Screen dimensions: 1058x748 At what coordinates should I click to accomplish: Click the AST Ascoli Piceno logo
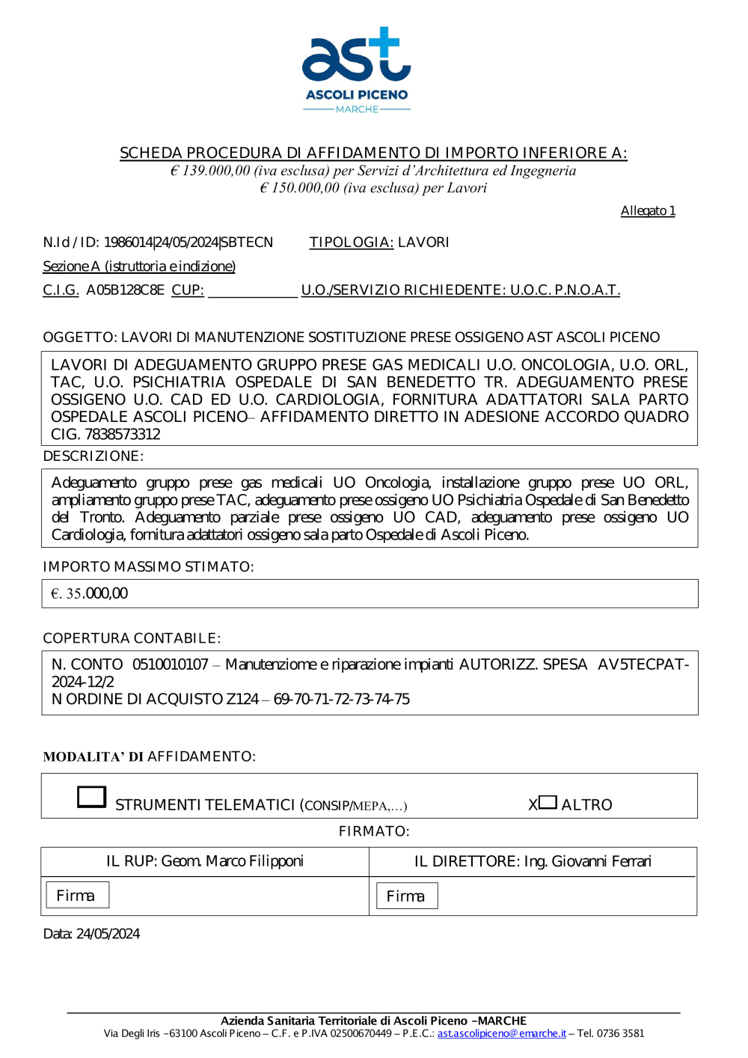point(357,70)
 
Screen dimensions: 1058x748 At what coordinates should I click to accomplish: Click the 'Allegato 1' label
point(648,211)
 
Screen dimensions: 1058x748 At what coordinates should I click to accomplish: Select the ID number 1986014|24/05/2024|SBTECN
point(188,242)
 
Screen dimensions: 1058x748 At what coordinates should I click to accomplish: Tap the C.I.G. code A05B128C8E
point(125,290)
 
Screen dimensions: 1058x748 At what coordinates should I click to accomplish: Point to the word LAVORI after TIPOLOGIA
point(423,242)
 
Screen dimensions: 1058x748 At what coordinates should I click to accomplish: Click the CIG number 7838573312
point(122,435)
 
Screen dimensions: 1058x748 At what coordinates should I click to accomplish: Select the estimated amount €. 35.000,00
point(90,593)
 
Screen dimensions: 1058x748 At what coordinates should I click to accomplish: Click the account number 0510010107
point(171,664)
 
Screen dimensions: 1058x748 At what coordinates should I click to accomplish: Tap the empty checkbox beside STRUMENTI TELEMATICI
point(92,797)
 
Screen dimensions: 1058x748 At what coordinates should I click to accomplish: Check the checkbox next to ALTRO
point(548,803)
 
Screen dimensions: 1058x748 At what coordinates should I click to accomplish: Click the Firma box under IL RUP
point(77,895)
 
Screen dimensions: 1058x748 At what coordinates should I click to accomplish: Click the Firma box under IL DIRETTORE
point(406,896)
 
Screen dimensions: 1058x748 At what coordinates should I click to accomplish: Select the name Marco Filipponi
point(254,861)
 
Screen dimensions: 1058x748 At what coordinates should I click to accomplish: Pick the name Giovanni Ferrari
point(601,861)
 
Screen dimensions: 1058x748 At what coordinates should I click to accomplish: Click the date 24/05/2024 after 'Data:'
point(108,934)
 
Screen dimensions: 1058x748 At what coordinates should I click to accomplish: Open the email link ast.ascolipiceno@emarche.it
point(501,1033)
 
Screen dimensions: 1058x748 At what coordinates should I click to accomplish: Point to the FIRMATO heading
point(374,831)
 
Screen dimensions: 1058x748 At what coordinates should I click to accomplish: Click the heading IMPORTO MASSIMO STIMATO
point(148,567)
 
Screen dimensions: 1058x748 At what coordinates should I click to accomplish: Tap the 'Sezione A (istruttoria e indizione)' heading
point(139,266)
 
